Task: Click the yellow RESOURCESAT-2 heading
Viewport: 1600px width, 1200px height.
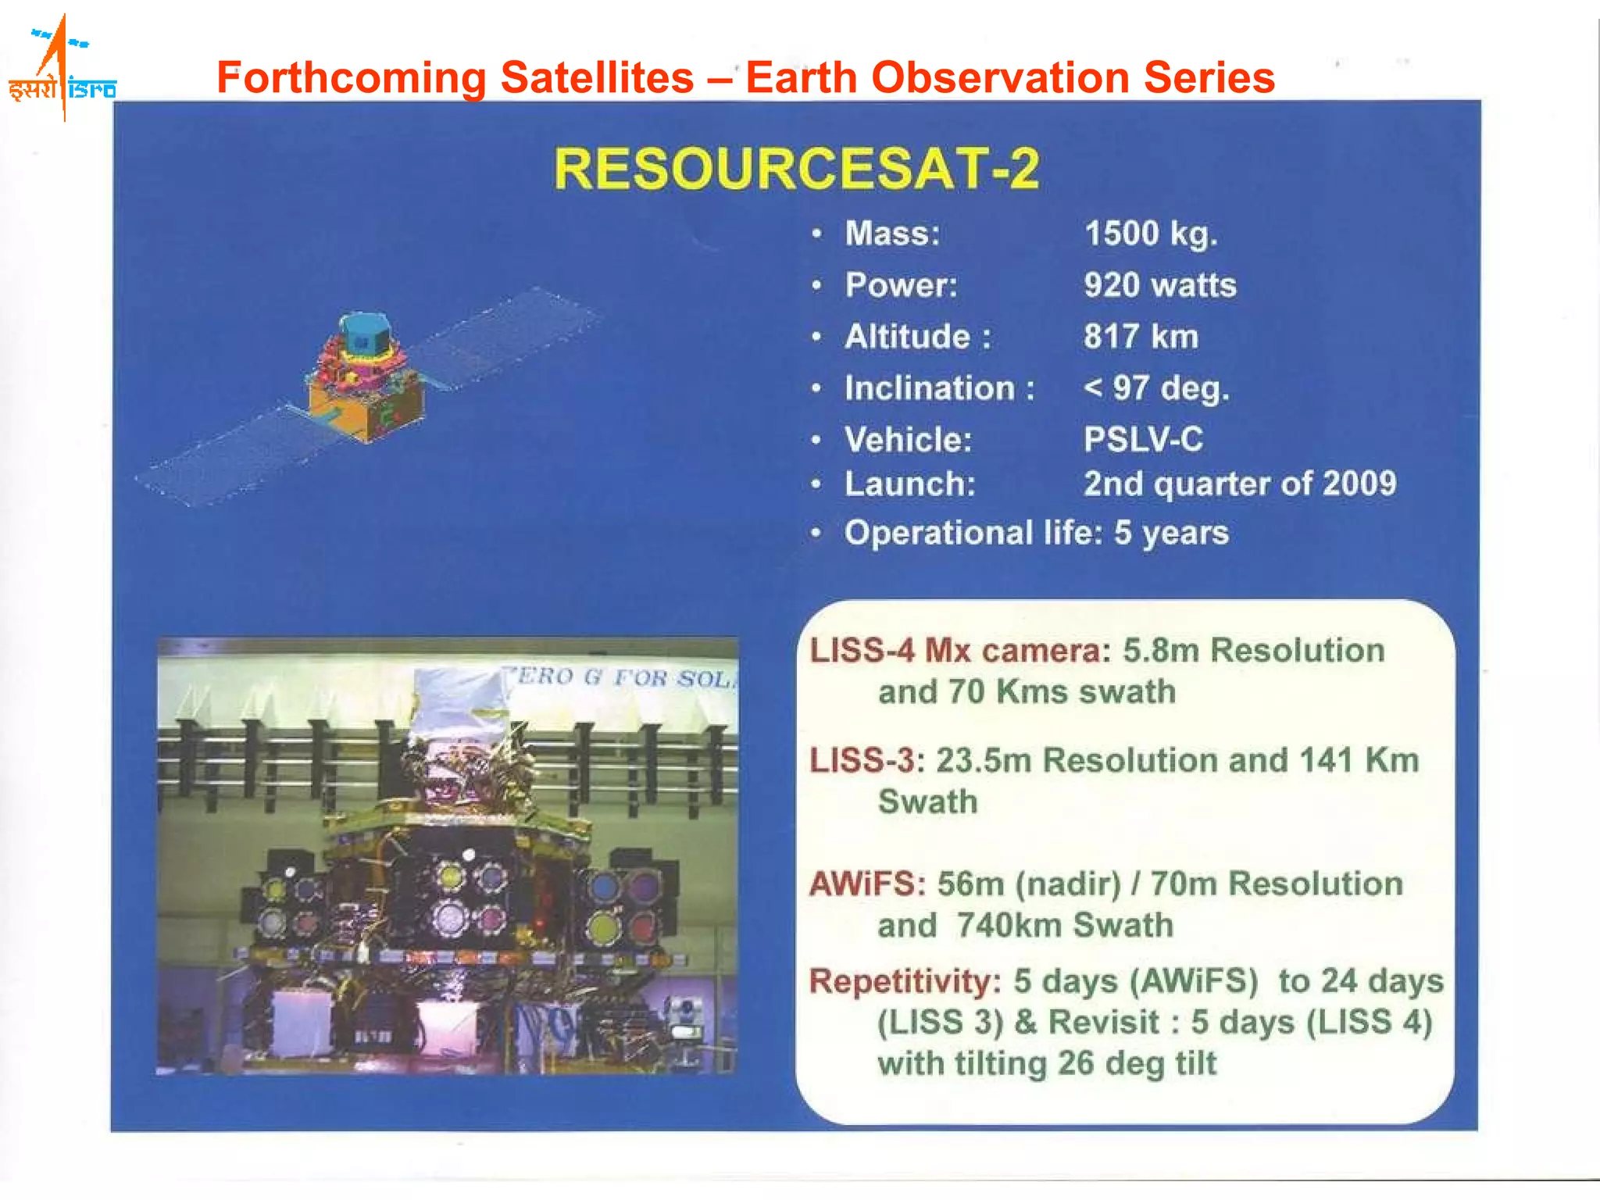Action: click(x=796, y=169)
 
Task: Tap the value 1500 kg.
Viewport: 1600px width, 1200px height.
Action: click(x=1150, y=234)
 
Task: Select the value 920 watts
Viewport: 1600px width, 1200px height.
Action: click(x=1159, y=285)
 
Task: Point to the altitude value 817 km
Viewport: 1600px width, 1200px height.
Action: click(x=1140, y=337)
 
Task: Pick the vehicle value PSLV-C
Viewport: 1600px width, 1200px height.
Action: click(x=1142, y=439)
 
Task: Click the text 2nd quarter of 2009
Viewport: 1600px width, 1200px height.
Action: click(x=1239, y=484)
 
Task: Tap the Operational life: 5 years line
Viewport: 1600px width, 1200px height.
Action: click(x=1036, y=533)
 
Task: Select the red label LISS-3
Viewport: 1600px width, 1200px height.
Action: click(x=861, y=760)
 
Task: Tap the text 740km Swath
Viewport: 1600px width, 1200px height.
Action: click(x=1064, y=925)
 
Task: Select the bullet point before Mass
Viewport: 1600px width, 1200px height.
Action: click(x=816, y=234)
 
